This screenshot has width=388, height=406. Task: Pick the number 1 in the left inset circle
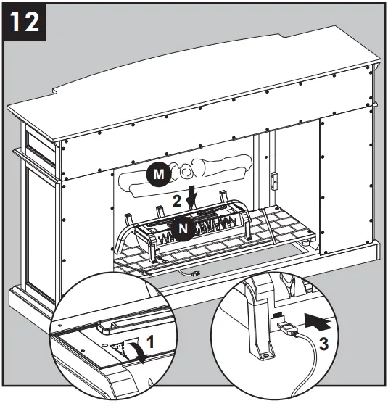pyautogui.click(x=150, y=339)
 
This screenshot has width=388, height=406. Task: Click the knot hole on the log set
pyautogui.click(x=186, y=172)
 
